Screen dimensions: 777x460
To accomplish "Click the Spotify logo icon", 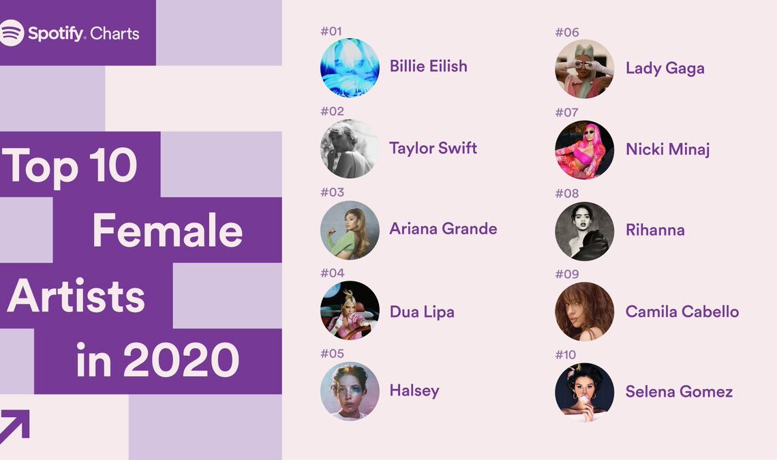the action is click(11, 33).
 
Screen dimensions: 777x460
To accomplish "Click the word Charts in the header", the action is click(115, 33).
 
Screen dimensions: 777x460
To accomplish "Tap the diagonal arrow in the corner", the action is click(14, 426).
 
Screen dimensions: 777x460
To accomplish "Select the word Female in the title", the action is click(168, 230).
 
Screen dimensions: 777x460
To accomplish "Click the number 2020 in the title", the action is click(181, 361).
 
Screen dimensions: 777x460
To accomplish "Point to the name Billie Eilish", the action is click(428, 66).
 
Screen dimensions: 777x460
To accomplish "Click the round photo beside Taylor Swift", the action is click(350, 149).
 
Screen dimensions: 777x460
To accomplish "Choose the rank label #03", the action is click(332, 192).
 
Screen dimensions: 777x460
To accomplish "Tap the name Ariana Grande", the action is click(443, 228).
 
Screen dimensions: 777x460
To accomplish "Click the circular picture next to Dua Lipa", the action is click(350, 310).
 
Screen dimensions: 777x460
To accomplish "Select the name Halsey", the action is click(414, 390).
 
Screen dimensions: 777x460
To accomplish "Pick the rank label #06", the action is click(567, 33).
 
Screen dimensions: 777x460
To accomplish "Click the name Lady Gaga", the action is click(665, 68).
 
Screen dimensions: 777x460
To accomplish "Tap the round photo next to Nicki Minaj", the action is click(584, 150).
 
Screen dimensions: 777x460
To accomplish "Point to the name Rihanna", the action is click(655, 230).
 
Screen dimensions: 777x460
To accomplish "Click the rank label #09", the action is click(567, 274).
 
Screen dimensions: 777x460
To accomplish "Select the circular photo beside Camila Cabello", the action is click(584, 311).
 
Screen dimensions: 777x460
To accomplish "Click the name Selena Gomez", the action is click(679, 392).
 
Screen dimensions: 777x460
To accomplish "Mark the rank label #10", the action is click(566, 355).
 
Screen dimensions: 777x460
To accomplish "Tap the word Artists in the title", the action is click(76, 296).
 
